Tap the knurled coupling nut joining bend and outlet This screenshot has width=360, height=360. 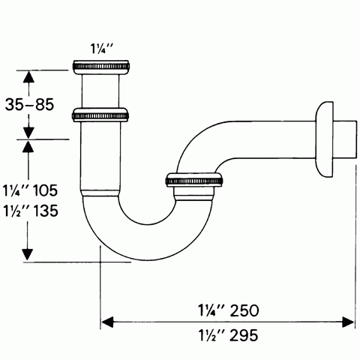click(193, 181)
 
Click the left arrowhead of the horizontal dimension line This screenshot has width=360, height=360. click(107, 322)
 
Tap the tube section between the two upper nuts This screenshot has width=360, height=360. click(100, 91)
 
